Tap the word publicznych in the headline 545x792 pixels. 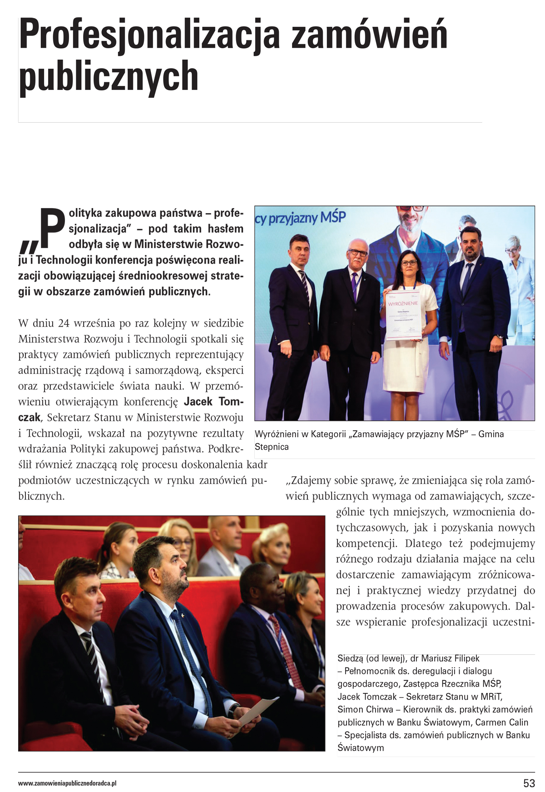[x=109, y=76]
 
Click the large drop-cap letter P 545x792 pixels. [x=53, y=228]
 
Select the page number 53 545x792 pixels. [x=529, y=783]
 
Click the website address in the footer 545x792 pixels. [x=67, y=783]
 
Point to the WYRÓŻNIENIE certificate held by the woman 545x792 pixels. [x=403, y=318]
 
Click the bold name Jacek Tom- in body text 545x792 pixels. [x=213, y=402]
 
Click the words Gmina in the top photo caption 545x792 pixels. [x=491, y=434]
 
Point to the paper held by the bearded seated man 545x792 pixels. [x=257, y=711]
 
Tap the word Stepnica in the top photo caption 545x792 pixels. [x=272, y=447]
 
